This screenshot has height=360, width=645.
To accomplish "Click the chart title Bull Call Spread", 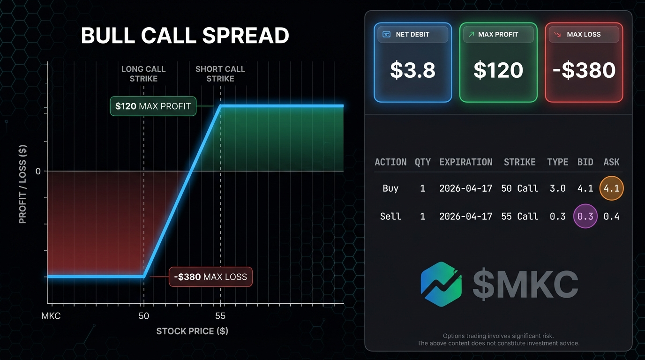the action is (x=185, y=36).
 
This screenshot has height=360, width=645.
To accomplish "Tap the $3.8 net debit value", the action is (x=412, y=70).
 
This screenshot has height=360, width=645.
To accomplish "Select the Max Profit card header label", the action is (x=498, y=35).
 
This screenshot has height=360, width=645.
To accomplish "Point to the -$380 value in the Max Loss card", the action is (x=584, y=70).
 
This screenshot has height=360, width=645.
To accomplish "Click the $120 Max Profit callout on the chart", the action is (x=153, y=106).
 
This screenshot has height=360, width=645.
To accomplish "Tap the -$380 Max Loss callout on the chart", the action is (x=210, y=277).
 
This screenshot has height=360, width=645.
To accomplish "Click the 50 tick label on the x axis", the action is (x=144, y=316).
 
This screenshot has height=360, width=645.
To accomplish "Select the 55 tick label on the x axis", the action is (x=220, y=316).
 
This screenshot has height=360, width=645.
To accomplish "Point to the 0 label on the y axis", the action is (x=38, y=172).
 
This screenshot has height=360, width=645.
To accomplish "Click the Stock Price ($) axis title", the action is (x=192, y=331).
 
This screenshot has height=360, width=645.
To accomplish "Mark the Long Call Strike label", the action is (x=143, y=74).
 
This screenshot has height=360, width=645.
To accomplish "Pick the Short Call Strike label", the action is (x=220, y=74).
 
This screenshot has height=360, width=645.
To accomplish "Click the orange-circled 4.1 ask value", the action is (x=611, y=188).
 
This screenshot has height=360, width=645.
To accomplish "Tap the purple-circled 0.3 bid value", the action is (x=585, y=216).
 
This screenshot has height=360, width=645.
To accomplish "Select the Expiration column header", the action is (x=466, y=162).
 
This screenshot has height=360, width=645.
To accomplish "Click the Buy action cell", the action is (x=390, y=188).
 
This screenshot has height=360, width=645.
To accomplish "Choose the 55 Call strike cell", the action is (x=520, y=216).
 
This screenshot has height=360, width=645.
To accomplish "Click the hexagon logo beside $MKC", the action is (x=441, y=284).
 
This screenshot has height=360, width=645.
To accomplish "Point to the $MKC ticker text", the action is (x=525, y=284).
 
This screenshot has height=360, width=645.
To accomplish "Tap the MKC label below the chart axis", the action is (x=51, y=316).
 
